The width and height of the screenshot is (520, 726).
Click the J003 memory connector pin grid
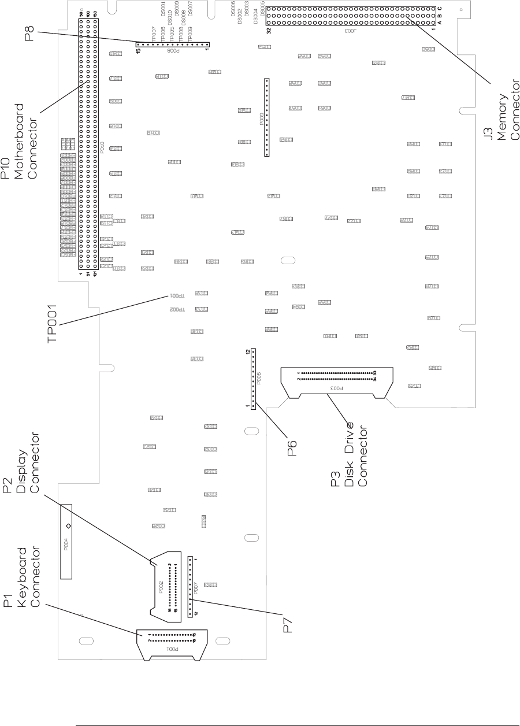coord(351,16)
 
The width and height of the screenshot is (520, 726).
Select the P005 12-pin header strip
coord(252,379)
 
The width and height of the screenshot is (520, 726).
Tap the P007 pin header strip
coord(190,586)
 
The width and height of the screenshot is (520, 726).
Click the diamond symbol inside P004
coord(68,526)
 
